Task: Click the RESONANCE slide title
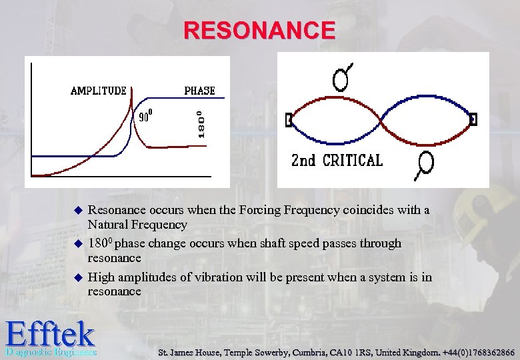tap(260, 31)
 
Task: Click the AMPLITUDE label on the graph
tap(99, 91)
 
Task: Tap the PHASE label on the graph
tap(199, 91)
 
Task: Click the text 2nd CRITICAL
tap(337, 161)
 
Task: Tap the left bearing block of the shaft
tap(289, 120)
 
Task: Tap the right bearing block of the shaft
tap(473, 119)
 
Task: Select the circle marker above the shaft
tap(341, 79)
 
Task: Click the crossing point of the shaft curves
tap(381, 121)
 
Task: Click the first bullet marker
tap(77, 210)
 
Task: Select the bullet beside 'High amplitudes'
tap(77, 277)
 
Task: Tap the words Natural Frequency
tap(138, 225)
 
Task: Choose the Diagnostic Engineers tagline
tap(50, 351)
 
